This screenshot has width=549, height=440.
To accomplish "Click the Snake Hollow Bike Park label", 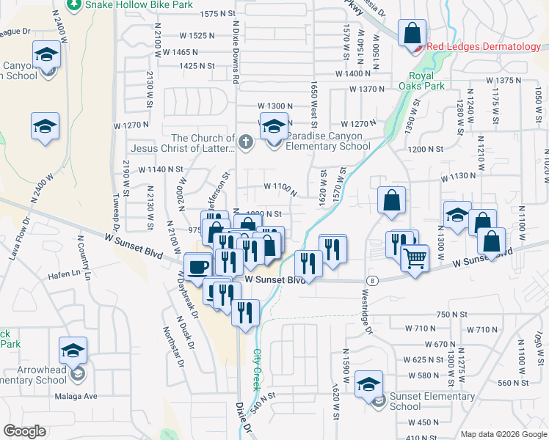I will click(x=139, y=5).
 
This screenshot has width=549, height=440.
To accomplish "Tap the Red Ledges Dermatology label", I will click(x=483, y=47).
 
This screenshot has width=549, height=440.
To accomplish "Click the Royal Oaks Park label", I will click(x=427, y=80).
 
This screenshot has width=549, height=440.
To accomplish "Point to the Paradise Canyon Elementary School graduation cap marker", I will click(x=274, y=128).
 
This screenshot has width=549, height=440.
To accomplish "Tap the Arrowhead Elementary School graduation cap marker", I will click(x=73, y=351).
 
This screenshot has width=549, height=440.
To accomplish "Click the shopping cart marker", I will click(x=415, y=257).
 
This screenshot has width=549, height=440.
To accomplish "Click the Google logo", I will click(x=24, y=431).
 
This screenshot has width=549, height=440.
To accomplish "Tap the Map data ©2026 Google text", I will click(x=503, y=434).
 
